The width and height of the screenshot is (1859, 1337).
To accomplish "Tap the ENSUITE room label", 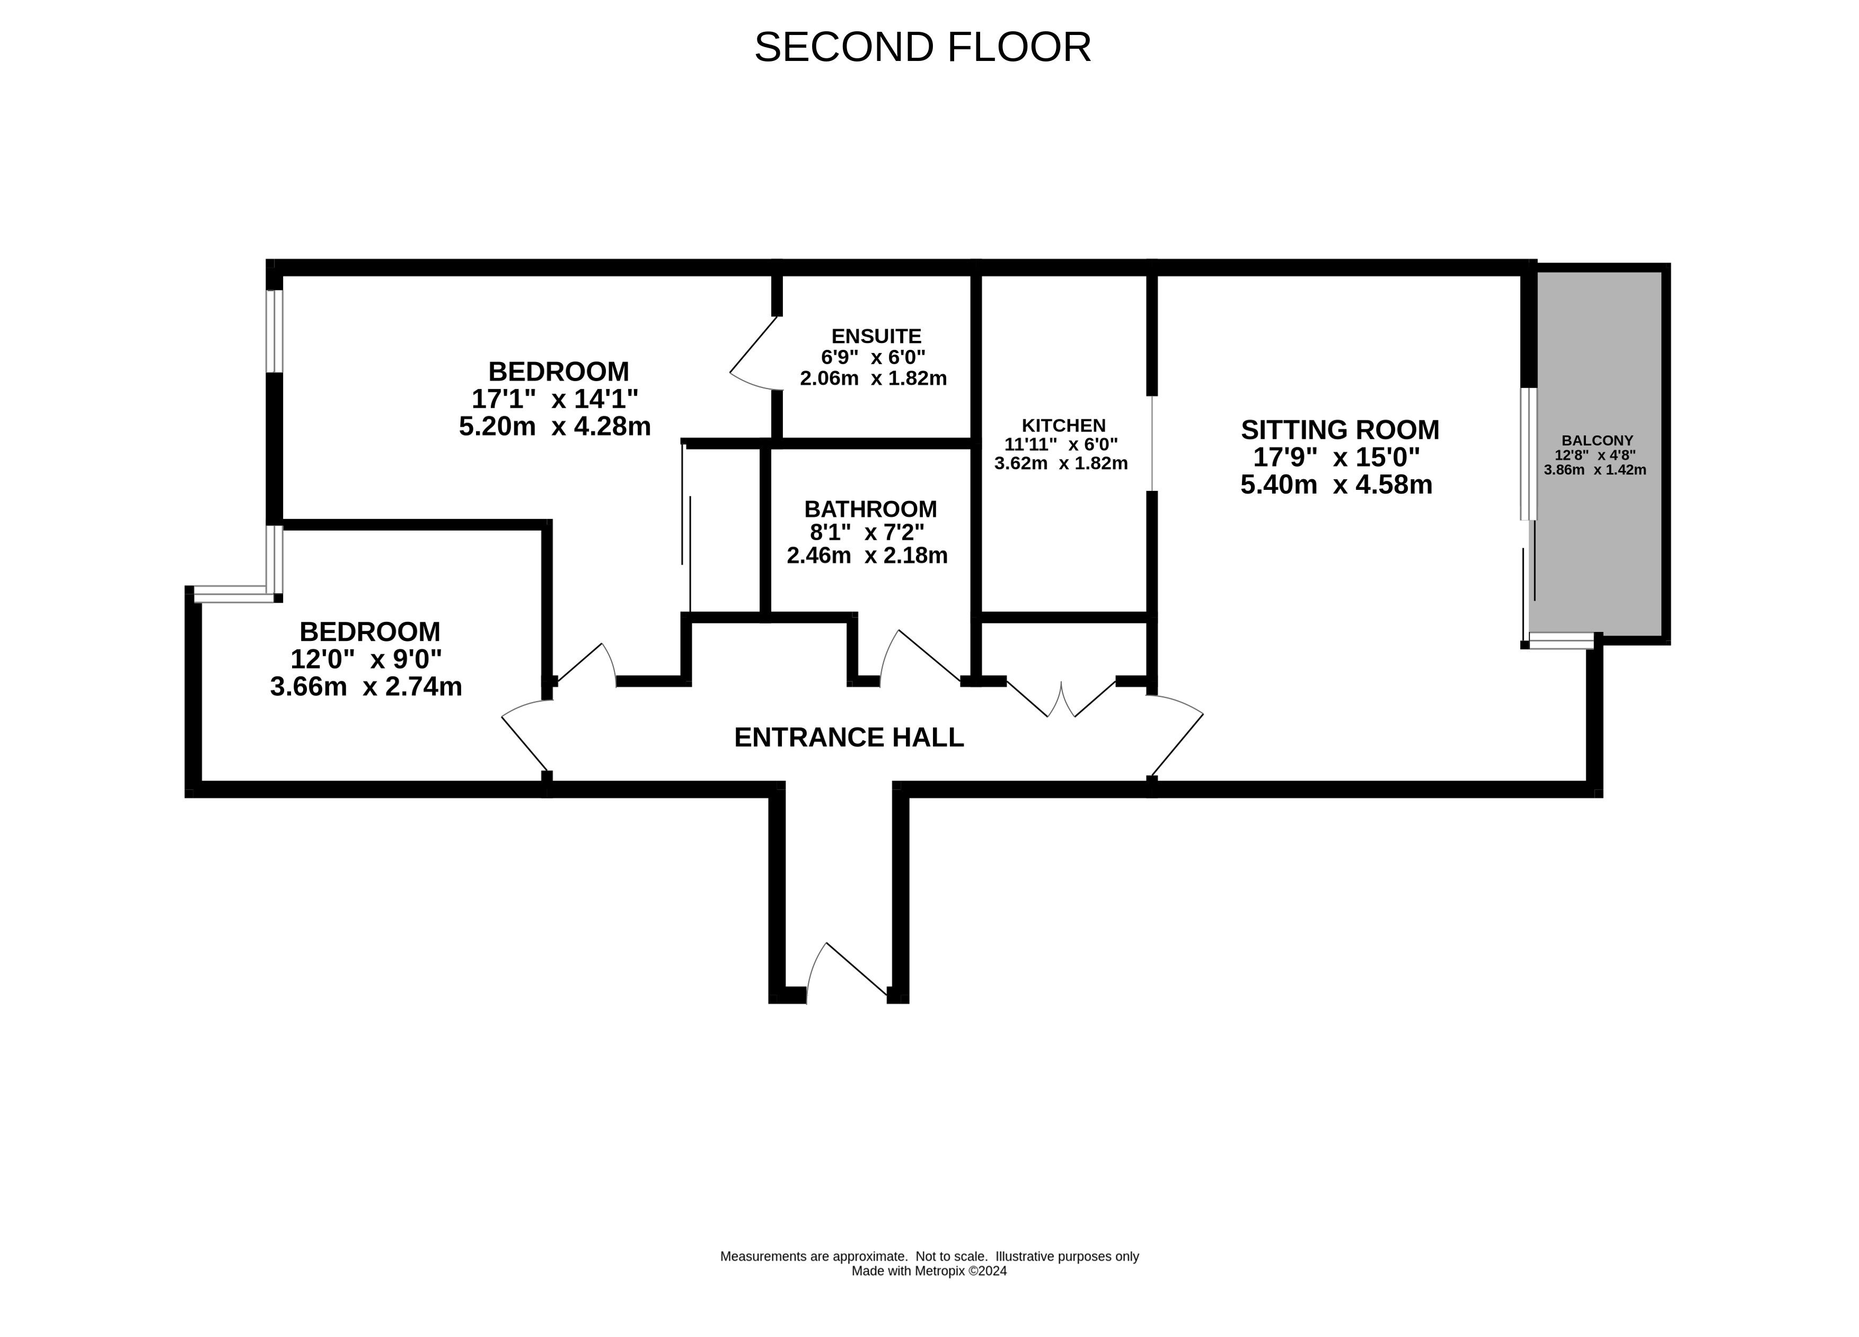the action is click(876, 336).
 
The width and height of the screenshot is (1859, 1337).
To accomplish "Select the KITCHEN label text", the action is click(1064, 426).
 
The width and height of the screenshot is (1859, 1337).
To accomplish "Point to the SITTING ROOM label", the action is click(1340, 429).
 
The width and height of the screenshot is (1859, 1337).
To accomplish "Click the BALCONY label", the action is click(1598, 440).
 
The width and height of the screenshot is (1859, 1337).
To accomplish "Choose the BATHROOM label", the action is click(870, 509).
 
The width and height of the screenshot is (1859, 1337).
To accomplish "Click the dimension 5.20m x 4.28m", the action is click(555, 426).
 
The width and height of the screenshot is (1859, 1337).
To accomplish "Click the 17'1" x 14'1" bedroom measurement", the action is click(555, 399).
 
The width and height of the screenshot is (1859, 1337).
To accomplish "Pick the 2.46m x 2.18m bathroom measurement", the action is click(867, 556).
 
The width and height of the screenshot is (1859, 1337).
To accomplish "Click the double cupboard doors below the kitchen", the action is click(1061, 698).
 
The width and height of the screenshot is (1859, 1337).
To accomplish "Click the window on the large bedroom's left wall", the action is click(275, 331).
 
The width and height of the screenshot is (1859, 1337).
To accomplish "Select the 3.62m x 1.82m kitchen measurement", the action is click(1061, 463).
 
